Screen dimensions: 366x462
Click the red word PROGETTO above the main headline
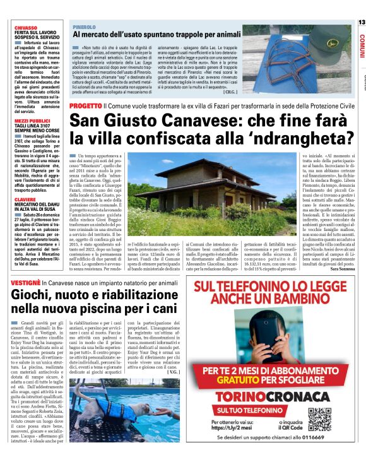[x=85, y=105]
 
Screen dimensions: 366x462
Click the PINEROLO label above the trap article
[x=83, y=28]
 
